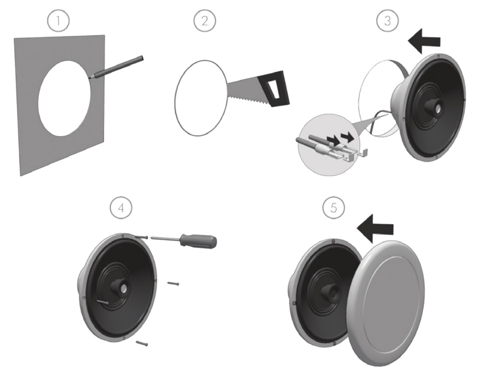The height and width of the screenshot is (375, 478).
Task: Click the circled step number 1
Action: click(58, 21)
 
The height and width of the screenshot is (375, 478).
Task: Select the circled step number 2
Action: click(205, 21)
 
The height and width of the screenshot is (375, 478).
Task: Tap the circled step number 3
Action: click(388, 21)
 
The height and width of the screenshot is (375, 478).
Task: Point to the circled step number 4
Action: click(121, 208)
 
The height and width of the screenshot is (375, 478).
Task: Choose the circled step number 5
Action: click(334, 208)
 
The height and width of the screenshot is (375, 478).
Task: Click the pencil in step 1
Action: click(116, 68)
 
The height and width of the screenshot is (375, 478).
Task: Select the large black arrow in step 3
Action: click(424, 41)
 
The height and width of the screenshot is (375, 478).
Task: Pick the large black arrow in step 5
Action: click(375, 228)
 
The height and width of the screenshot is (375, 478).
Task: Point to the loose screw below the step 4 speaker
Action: click(142, 343)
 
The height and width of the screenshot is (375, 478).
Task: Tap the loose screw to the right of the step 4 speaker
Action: click(173, 284)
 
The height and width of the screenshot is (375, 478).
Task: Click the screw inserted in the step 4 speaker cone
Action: click(103, 302)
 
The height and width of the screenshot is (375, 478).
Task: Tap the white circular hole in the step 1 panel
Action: click(65, 98)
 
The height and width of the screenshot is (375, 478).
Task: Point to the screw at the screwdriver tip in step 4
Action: click(141, 237)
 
